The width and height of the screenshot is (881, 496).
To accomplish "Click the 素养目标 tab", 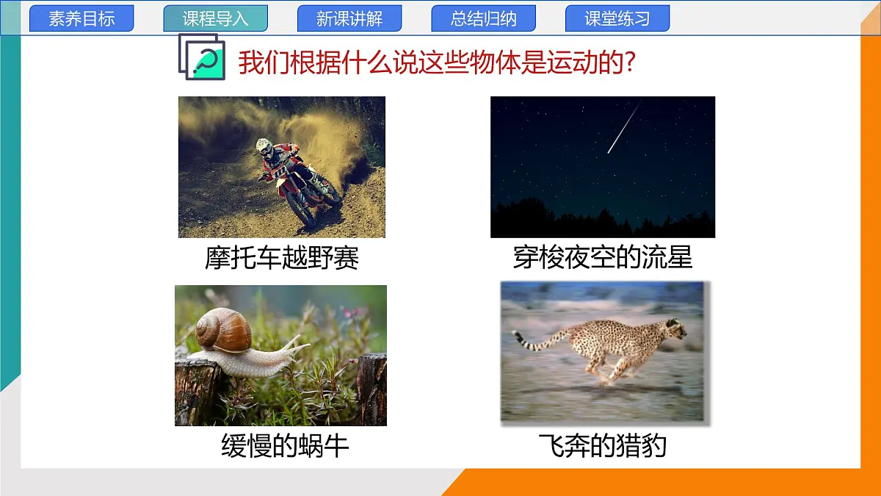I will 81,19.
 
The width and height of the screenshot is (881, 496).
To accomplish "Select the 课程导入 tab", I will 215,19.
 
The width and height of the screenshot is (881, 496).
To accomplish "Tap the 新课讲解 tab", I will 349,19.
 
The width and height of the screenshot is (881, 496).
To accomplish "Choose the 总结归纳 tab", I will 483,19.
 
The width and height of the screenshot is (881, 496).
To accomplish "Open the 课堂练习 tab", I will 617,19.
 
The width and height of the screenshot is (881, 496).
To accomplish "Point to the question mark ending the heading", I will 628,63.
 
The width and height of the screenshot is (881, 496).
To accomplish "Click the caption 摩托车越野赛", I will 282,258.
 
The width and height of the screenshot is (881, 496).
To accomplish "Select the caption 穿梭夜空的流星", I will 602,258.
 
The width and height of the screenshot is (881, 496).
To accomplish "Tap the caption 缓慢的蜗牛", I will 285,446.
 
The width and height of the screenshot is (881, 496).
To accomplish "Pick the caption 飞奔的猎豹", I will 602,446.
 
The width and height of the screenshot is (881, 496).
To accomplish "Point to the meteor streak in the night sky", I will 623,128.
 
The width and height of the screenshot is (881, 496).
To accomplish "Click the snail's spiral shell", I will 224,330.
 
